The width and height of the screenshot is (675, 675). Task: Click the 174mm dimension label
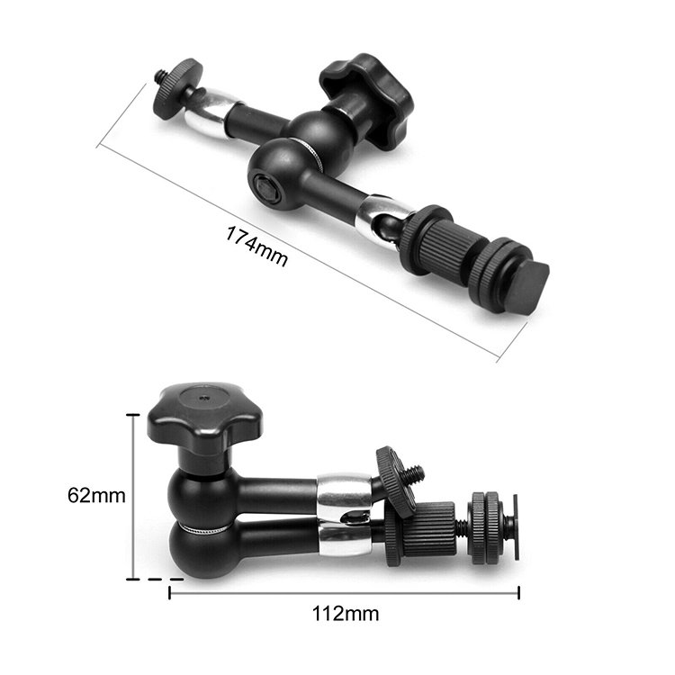257,247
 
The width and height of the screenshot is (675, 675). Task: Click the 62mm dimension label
96,496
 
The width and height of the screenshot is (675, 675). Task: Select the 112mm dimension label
346,614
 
